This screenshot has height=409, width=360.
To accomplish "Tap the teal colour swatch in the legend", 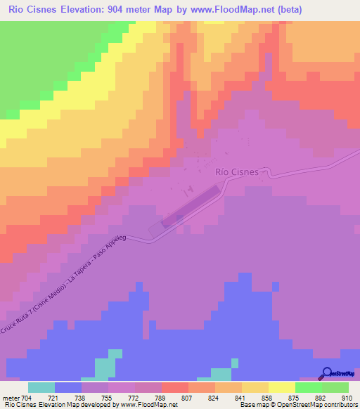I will (41, 387).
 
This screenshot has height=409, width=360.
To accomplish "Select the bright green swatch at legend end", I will (335, 387).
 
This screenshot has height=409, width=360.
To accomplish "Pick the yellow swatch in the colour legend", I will (281, 387).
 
